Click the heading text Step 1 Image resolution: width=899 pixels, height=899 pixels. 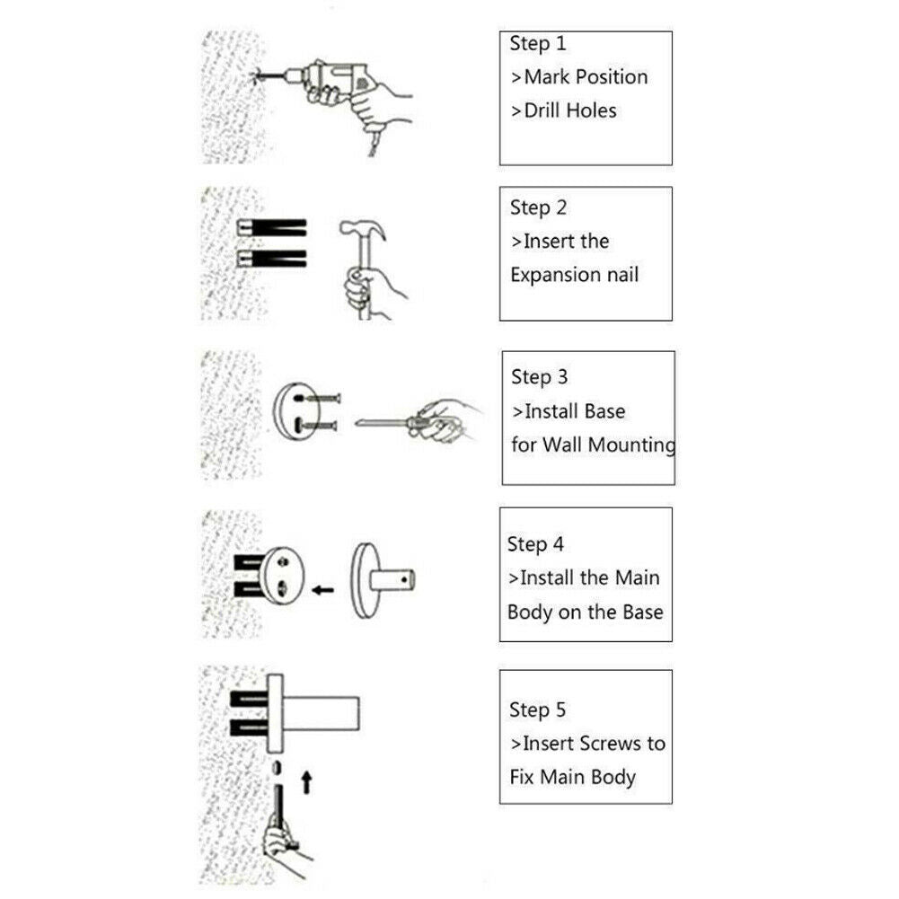pos(538,44)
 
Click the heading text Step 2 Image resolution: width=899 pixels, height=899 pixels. pos(538,207)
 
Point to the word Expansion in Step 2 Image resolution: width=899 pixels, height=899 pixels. pos(556,275)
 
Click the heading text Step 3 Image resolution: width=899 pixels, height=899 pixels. pos(540,376)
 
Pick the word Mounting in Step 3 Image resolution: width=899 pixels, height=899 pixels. pos(632,445)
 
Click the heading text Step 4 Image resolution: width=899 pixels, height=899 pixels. pos(535,544)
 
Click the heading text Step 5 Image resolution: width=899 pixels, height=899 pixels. pos(537,710)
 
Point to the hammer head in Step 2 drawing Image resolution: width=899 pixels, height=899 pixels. pos(361,229)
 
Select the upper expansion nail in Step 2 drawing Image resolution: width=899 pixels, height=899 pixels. pos(272,227)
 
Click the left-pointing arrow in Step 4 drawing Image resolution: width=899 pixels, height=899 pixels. pos(322,589)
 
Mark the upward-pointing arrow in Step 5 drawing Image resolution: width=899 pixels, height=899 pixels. pos(307,782)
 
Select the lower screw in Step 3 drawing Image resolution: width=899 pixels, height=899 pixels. pos(316,426)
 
